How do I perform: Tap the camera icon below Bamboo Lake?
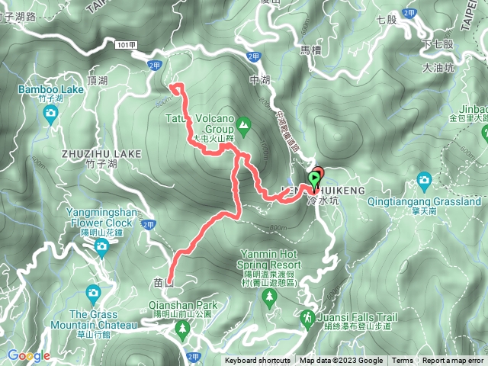click(x=50, y=114)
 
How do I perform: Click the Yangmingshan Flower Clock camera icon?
click(x=101, y=246)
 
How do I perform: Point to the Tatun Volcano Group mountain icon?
click(x=243, y=123)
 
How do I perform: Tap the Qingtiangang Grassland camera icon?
click(x=425, y=181)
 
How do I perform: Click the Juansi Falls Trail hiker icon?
click(x=308, y=316)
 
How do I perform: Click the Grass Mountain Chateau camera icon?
click(x=93, y=292)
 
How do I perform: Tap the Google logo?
click(x=29, y=355)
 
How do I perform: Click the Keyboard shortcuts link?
click(x=257, y=361)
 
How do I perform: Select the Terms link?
click(x=403, y=361)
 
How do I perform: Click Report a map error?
click(x=453, y=361)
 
